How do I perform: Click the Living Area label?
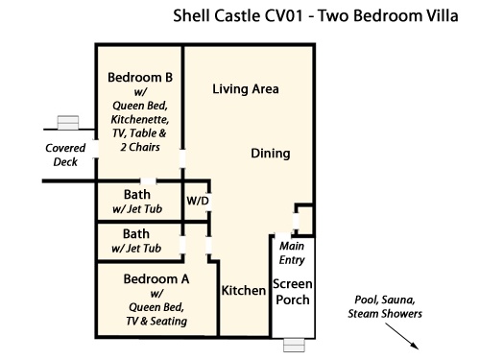coord(246,89)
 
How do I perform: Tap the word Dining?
coord(271,154)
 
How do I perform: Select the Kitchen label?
coord(244,291)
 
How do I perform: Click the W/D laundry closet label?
coord(198,201)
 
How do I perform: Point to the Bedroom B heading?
coord(140,78)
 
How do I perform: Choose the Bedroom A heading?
coord(156,279)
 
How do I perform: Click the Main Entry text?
coord(292,252)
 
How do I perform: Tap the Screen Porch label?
coord(293,292)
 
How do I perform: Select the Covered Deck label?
coord(65,155)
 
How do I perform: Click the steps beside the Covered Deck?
coord(68,123)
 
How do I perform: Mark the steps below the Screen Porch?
coord(295,346)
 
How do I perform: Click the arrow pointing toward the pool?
coord(401,336)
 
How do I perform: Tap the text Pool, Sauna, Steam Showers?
coord(385,306)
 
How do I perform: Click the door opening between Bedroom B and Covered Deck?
coord(96,149)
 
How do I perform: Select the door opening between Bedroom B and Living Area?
coord(182,158)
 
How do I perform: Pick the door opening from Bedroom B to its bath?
coord(148,181)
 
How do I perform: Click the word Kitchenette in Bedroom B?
coord(140,119)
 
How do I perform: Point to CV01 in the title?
coord(283,15)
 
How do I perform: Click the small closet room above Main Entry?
coord(304,221)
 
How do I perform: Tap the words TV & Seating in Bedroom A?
coord(156,321)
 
